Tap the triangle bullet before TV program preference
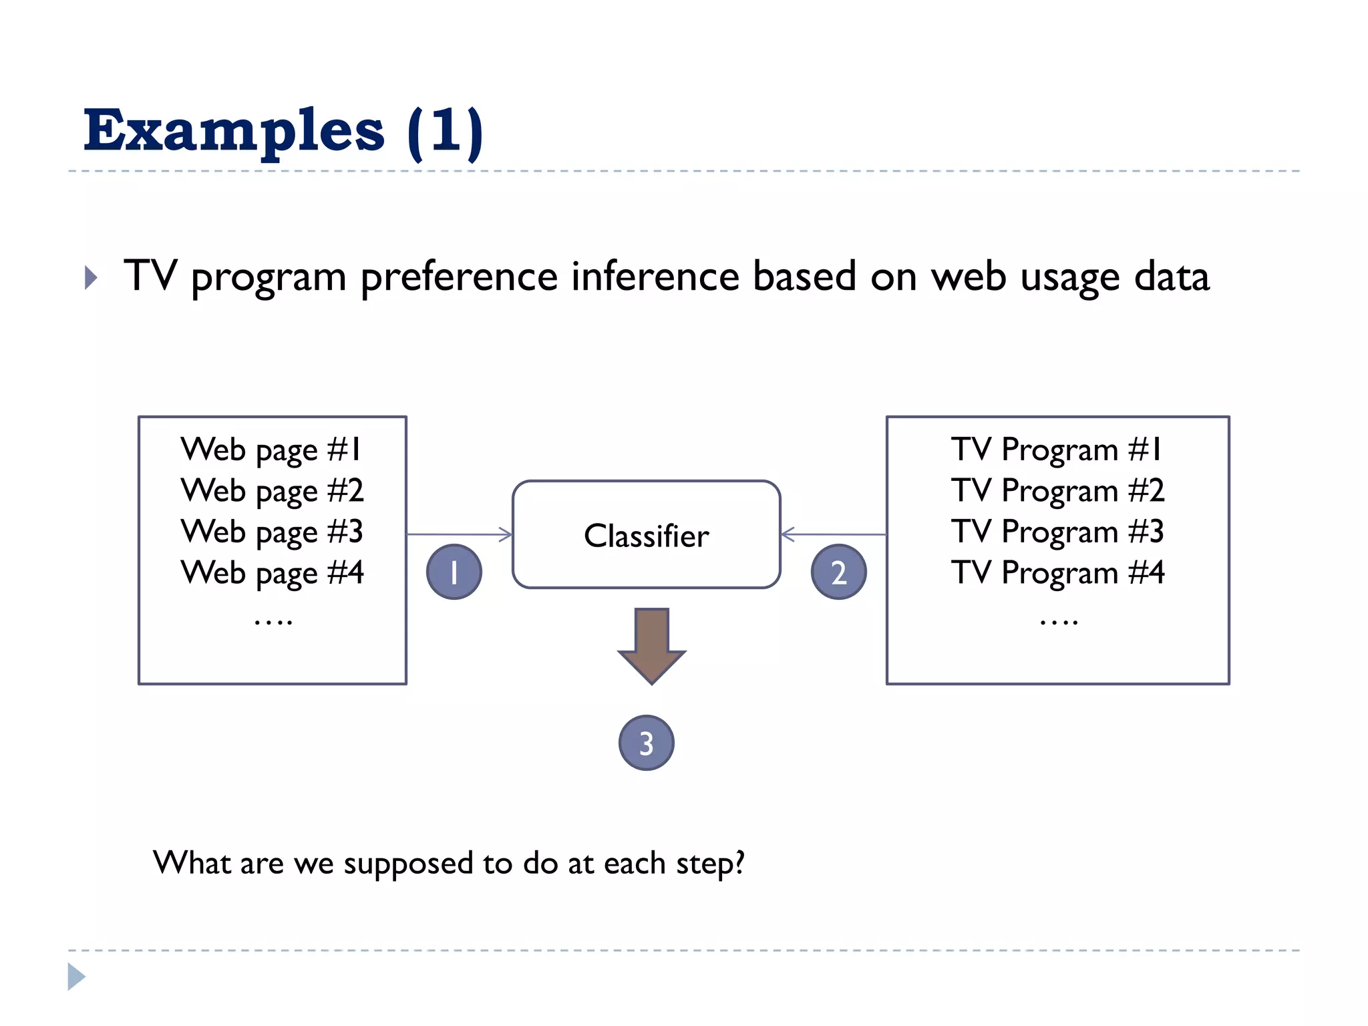click(x=91, y=277)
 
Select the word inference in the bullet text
click(x=655, y=277)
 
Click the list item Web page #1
click(x=271, y=450)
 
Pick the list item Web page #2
click(x=272, y=491)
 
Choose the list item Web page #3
click(x=272, y=532)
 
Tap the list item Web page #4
click(x=272, y=573)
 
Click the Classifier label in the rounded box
click(x=646, y=536)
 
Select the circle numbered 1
click(x=454, y=572)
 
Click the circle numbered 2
click(x=838, y=572)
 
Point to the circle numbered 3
click(x=646, y=743)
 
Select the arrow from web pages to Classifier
click(x=460, y=534)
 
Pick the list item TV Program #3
click(x=1057, y=532)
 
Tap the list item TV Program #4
click(x=1057, y=573)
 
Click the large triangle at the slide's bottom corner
click(x=75, y=977)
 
